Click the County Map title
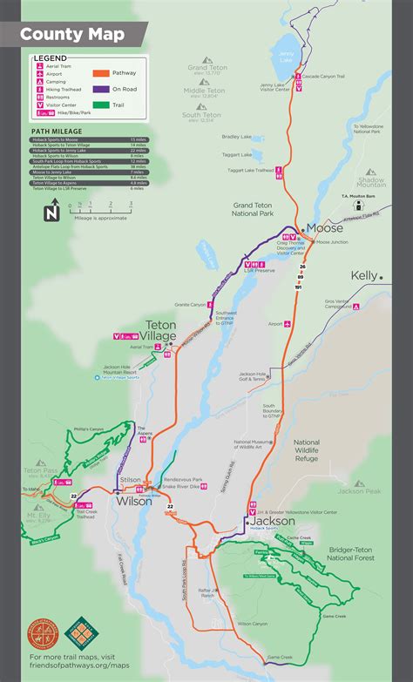click(x=71, y=35)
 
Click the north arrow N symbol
click(x=51, y=210)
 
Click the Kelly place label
click(x=364, y=275)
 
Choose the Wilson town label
click(x=133, y=502)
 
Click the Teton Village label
click(x=160, y=330)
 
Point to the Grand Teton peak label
click(x=207, y=68)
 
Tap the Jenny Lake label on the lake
click(x=287, y=52)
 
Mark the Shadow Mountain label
click(x=371, y=180)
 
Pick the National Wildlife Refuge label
click(x=307, y=450)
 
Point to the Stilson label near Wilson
click(x=130, y=479)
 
